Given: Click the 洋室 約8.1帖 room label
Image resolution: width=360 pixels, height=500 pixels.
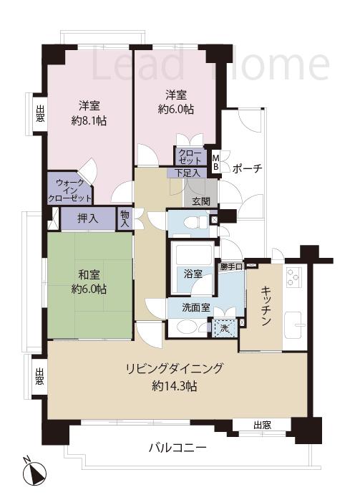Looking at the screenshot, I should point(89,113).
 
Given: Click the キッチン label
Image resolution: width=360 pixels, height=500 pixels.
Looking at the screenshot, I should point(265,307).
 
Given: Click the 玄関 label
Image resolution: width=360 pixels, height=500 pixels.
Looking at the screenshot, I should point(200,201).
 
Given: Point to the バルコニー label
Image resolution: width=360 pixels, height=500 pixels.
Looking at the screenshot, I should point(177,448).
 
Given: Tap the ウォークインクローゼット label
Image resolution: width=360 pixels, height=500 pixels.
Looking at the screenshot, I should point(69,190).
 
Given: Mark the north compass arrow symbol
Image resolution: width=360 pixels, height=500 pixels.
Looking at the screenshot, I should point(34,473).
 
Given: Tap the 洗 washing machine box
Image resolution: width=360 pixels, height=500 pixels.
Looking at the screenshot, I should point(224,328).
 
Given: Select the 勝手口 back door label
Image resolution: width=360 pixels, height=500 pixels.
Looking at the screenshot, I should point(233,266).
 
